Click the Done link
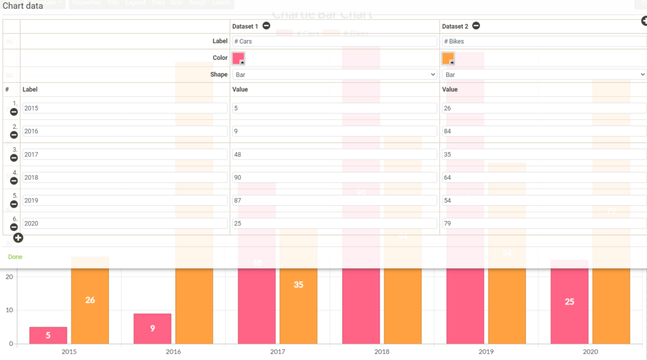pos(15,257)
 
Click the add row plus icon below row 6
pos(18,238)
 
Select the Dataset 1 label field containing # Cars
pos(334,41)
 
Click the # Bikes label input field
pos(544,41)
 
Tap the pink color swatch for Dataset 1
pos(238,58)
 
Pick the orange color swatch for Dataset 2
pos(448,58)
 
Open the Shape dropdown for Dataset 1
pos(334,75)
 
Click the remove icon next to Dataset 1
pos(266,26)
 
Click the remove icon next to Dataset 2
pos(476,26)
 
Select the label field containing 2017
pos(124,154)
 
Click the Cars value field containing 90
pos(334,178)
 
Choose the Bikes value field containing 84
pos(544,131)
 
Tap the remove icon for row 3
pos(14,158)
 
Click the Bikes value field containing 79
pos(544,223)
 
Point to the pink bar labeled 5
pos(48,335)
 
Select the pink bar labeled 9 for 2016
pos(152,328)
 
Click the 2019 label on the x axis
pos(486,352)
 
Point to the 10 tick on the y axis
pos(9,310)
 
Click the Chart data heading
pos(23,6)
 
